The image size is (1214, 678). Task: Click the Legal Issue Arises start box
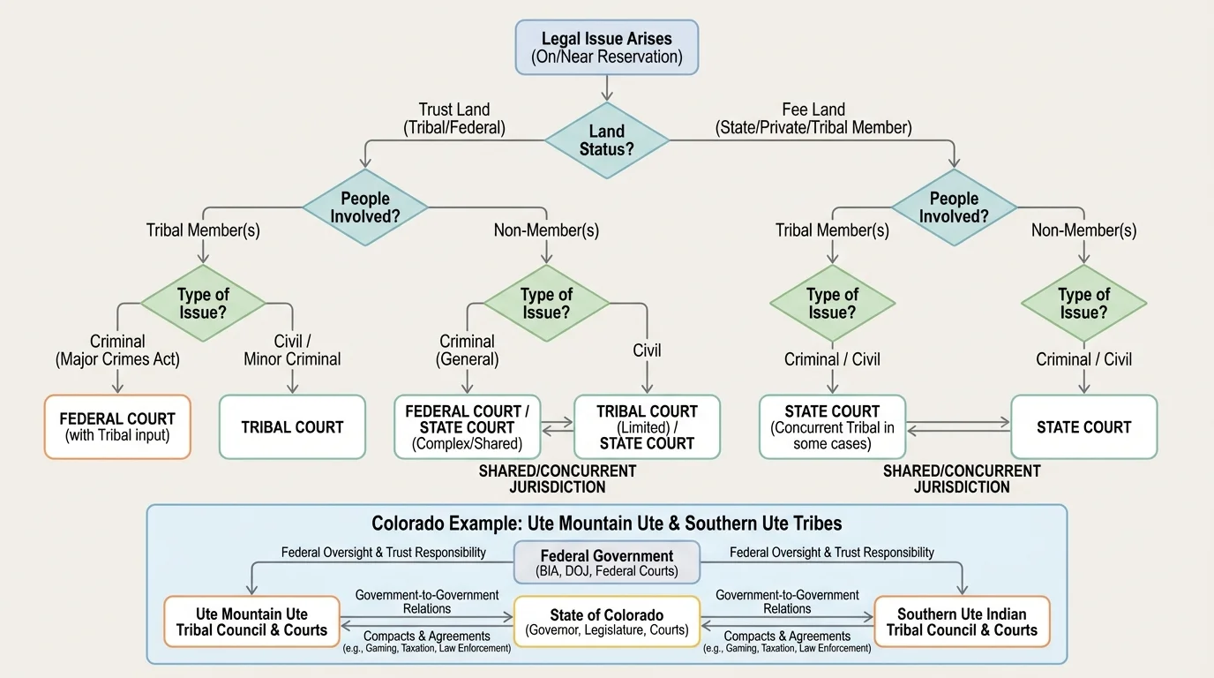pyautogui.click(x=606, y=47)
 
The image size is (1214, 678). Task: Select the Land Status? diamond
pyautogui.click(x=606, y=139)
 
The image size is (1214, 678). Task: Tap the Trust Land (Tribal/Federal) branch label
pyautogui.click(x=454, y=118)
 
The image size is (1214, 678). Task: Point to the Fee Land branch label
pyautogui.click(x=813, y=118)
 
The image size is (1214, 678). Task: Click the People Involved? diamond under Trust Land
pyautogui.click(x=365, y=207)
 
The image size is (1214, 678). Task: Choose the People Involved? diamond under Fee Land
pyautogui.click(x=954, y=207)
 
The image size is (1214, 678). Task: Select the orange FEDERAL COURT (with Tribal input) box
pyautogui.click(x=117, y=427)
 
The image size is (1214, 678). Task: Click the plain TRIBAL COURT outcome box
pyautogui.click(x=292, y=427)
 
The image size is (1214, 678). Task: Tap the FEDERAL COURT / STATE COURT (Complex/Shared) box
pyautogui.click(x=467, y=427)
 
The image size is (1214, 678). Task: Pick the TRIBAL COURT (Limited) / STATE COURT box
pyautogui.click(x=647, y=427)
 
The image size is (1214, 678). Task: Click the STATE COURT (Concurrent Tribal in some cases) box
pyautogui.click(x=832, y=427)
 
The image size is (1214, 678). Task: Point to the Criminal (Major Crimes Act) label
pyautogui.click(x=117, y=350)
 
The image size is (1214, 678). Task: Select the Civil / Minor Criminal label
pyautogui.click(x=292, y=350)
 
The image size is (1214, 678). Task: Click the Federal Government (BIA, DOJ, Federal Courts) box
pyautogui.click(x=606, y=562)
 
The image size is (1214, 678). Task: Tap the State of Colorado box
pyautogui.click(x=606, y=621)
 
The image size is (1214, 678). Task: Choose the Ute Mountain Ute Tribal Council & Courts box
pyautogui.click(x=251, y=621)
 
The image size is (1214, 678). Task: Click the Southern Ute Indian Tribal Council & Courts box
pyautogui.click(x=962, y=621)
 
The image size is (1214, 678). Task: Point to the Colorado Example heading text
pyautogui.click(x=606, y=524)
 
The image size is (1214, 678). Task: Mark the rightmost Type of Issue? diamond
pyautogui.click(x=1083, y=303)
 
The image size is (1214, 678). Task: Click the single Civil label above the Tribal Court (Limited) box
pyautogui.click(x=647, y=350)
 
